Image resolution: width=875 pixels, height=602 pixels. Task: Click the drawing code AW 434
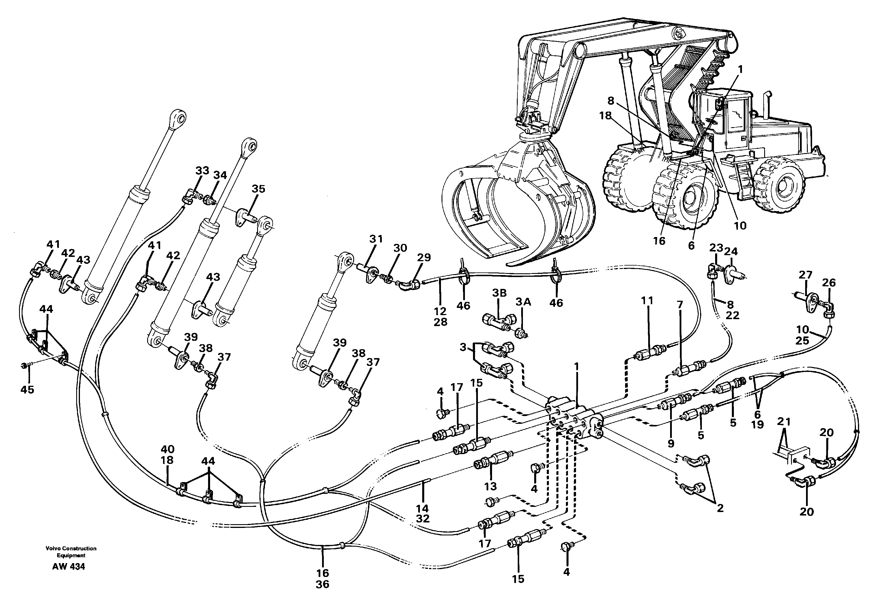69,567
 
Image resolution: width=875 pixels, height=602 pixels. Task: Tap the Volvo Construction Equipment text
71,552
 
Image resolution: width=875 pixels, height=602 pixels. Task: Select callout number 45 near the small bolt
27,389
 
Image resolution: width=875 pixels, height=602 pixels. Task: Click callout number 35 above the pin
258,189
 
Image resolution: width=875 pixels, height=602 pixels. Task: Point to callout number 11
647,301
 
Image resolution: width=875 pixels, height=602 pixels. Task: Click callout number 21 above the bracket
784,421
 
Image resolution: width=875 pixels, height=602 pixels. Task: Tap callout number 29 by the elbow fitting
424,258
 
